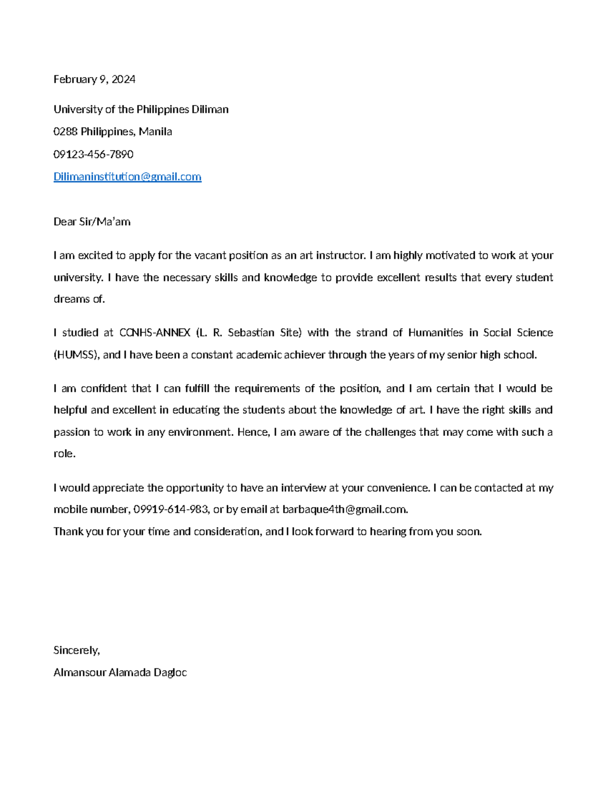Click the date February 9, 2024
coord(94,79)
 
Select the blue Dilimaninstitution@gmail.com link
coord(127,176)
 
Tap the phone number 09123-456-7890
coord(93,154)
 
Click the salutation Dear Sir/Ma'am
coord(92,221)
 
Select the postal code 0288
coord(65,132)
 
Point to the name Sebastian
coord(251,333)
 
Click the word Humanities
coord(435,333)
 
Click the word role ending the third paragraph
coord(64,454)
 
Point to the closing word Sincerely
coord(77,650)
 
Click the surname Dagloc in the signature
coord(170,672)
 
